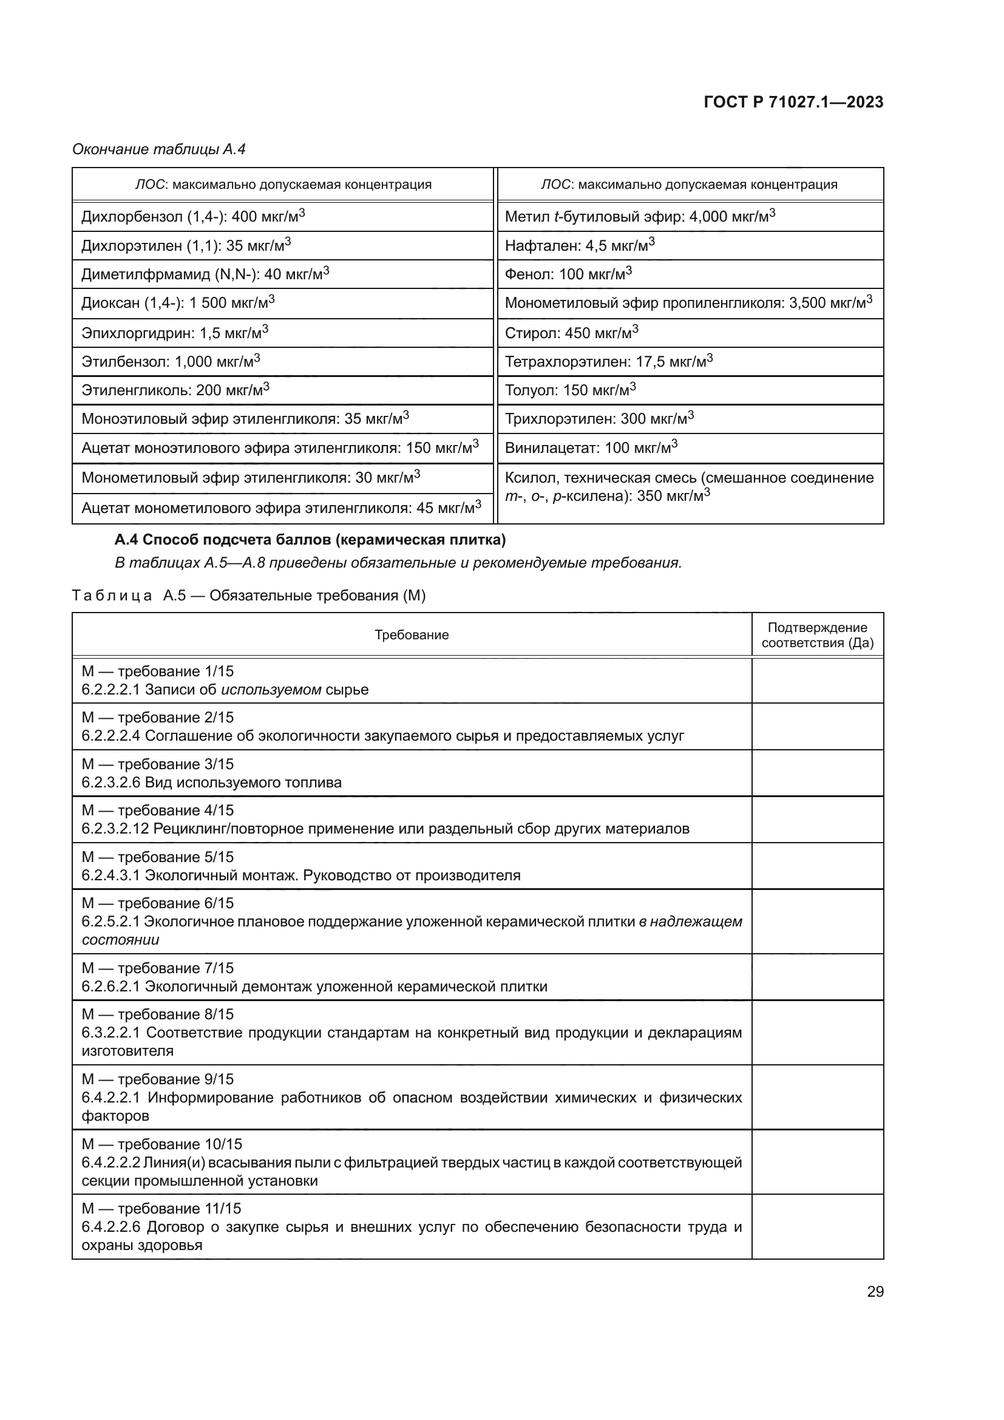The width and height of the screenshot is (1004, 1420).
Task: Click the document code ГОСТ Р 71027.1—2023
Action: click(793, 102)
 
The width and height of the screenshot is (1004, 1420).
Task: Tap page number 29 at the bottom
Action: click(875, 1291)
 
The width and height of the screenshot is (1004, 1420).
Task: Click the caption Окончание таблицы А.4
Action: click(159, 149)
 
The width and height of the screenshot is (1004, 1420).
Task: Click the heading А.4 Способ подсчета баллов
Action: click(310, 540)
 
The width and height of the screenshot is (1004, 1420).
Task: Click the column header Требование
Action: click(412, 635)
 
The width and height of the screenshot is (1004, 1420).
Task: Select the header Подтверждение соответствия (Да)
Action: click(817, 635)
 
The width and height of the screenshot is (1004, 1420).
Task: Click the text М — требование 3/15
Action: click(158, 764)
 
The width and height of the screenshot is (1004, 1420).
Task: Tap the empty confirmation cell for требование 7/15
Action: click(817, 977)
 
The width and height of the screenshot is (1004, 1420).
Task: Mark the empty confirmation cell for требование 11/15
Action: click(817, 1226)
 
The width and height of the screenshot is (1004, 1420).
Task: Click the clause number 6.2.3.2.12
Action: click(115, 829)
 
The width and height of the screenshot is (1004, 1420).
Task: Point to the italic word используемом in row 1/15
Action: click(271, 690)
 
